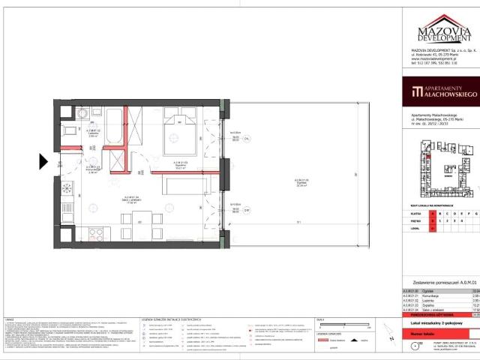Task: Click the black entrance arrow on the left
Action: (x=43, y=160)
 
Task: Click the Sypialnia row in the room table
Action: (x=442, y=285)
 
